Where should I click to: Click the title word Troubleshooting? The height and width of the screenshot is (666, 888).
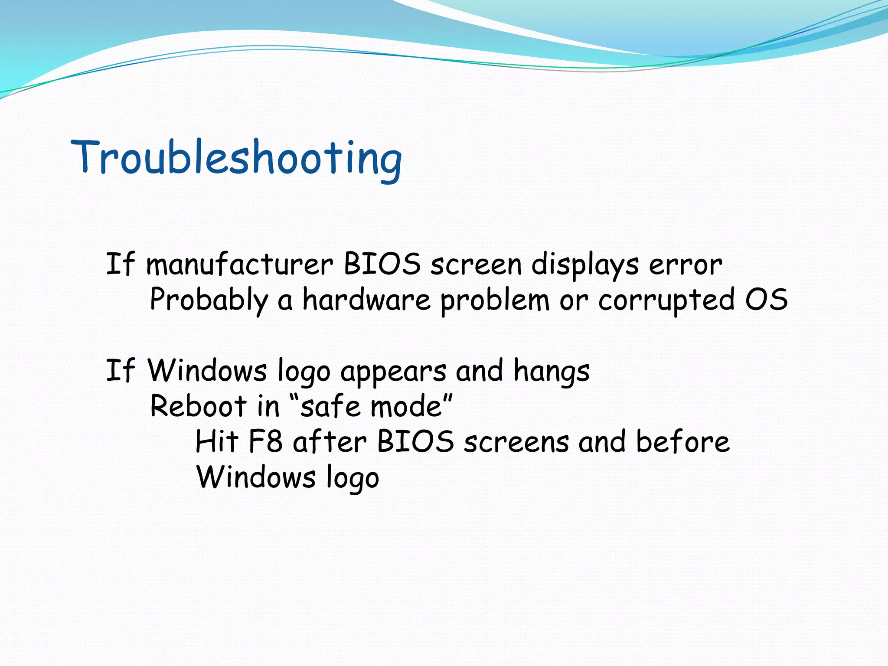(236, 158)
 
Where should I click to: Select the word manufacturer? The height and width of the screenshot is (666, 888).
(239, 264)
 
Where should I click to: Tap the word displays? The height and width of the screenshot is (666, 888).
(584, 265)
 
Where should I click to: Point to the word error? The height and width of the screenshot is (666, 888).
(686, 265)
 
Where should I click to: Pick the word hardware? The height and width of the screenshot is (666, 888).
(366, 300)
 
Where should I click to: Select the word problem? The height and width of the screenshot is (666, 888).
(495, 300)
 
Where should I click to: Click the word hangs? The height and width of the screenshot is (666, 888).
(552, 372)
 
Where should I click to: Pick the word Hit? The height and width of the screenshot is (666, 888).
(217, 442)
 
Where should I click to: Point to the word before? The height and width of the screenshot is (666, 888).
(682, 442)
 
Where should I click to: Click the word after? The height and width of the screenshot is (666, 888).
(330, 442)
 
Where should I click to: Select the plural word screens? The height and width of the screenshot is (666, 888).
(516, 443)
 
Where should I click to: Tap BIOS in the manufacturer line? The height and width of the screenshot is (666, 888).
(382, 264)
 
